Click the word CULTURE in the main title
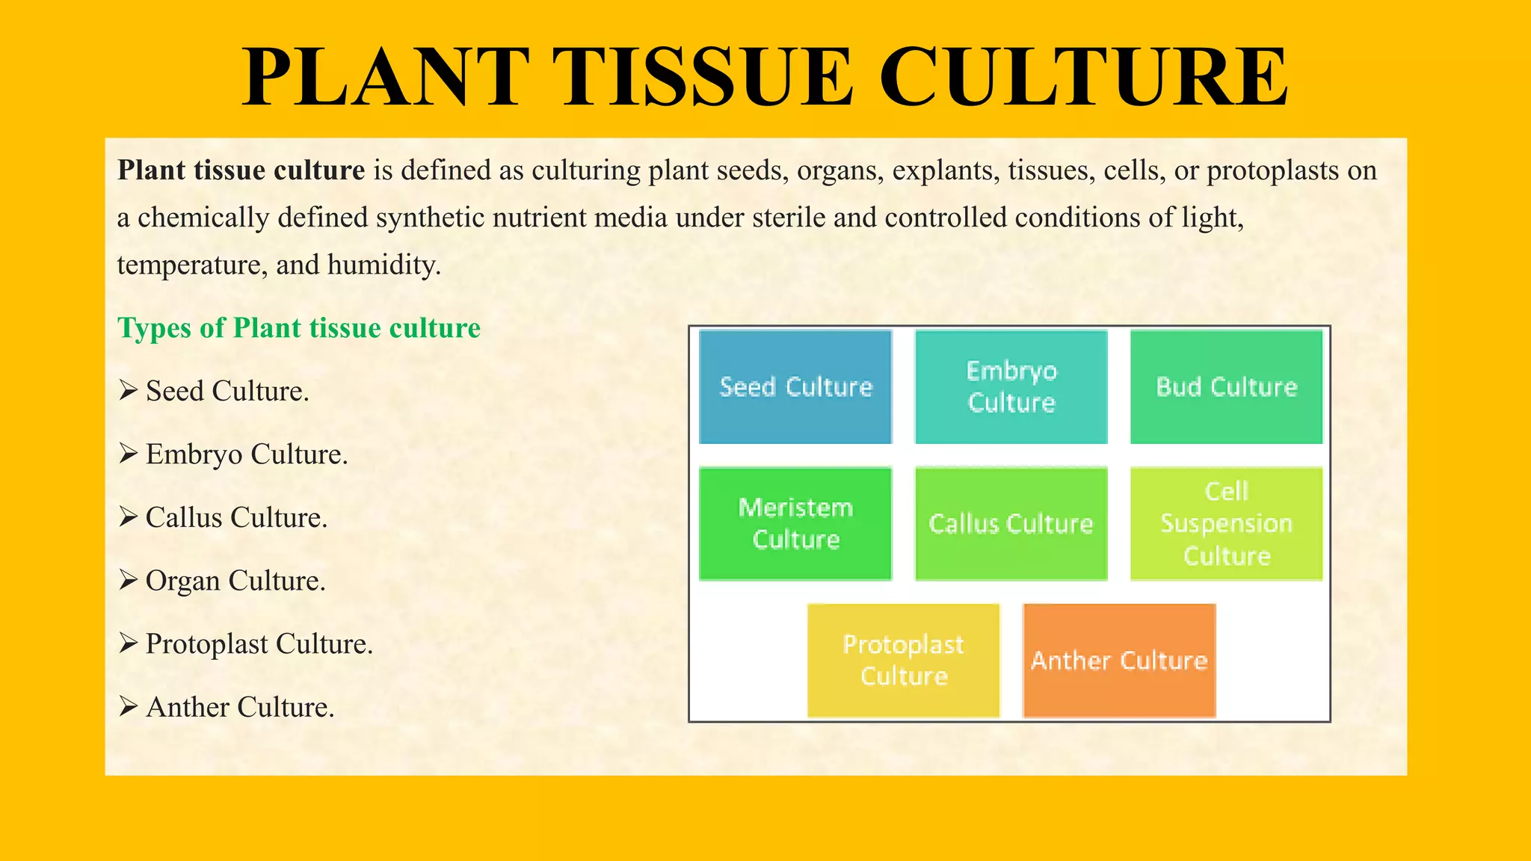click(1083, 78)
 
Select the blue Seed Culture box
click(795, 387)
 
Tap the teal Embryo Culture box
click(1011, 387)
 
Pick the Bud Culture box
click(1226, 387)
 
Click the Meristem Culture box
click(795, 523)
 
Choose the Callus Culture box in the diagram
click(1011, 523)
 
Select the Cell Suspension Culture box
click(1226, 523)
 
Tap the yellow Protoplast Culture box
click(903, 660)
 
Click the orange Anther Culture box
click(1119, 660)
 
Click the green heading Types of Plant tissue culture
click(299, 328)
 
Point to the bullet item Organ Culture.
click(235, 581)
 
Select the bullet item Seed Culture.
click(227, 391)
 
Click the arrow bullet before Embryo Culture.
click(128, 453)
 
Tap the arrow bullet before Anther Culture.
click(128, 706)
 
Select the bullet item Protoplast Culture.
click(259, 644)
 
